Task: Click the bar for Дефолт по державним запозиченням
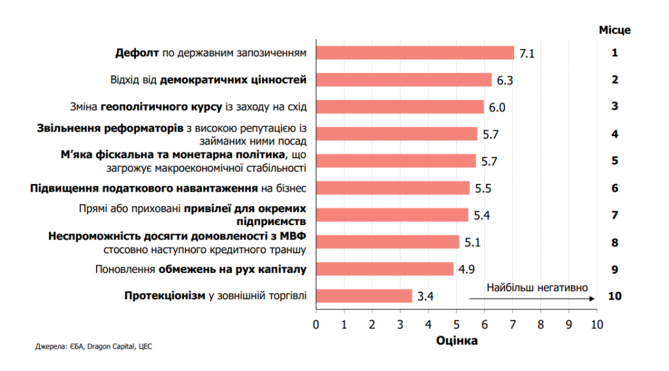(415, 53)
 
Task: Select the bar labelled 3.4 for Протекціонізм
(365, 296)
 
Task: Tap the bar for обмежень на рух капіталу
(385, 269)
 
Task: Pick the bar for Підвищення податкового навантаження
(393, 188)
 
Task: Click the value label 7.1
(527, 54)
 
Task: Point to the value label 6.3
(505, 80)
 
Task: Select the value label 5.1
(472, 243)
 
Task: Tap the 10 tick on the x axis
(597, 325)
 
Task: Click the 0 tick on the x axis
(316, 325)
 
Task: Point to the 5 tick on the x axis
(456, 325)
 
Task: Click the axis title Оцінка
(457, 341)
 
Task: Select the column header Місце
(614, 30)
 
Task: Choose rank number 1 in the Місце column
(614, 52)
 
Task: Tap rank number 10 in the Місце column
(614, 296)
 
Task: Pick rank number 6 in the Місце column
(614, 188)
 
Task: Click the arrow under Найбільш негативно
(532, 298)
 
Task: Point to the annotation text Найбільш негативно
(537, 288)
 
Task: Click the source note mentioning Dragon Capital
(93, 347)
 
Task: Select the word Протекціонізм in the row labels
(165, 296)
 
